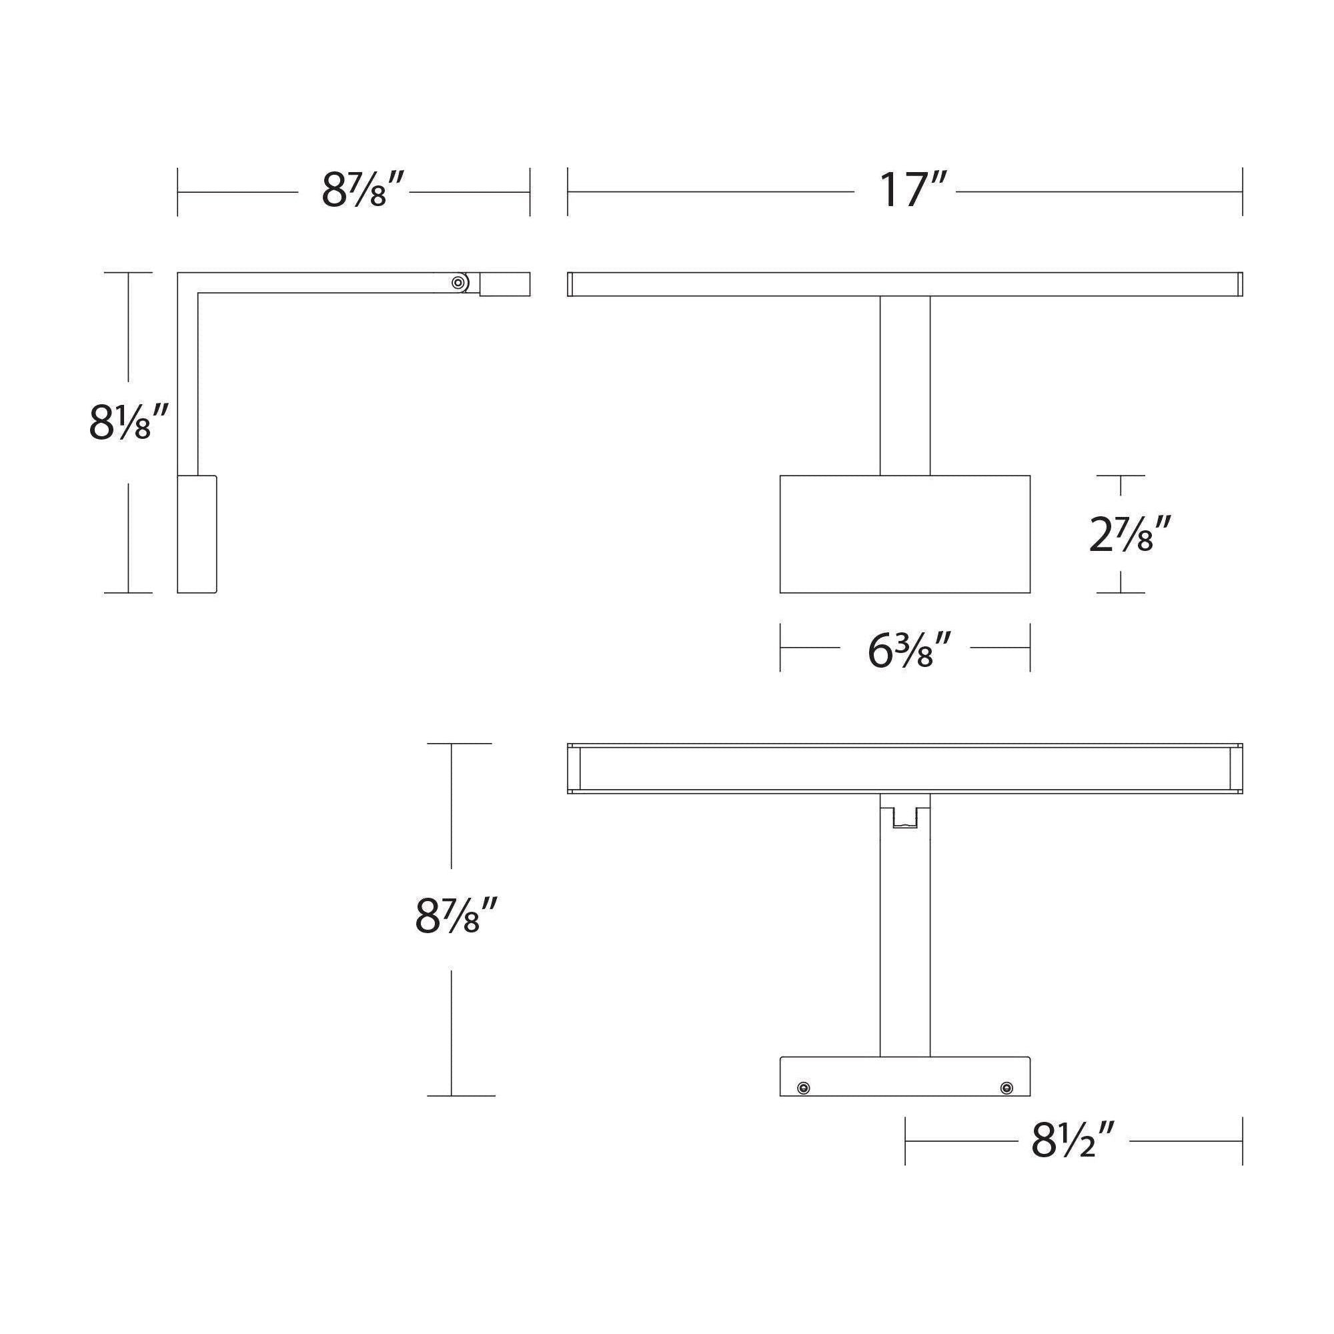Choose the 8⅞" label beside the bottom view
click(456, 916)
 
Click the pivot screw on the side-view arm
click(457, 282)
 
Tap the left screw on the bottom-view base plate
click(802, 1088)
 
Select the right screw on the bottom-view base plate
click(1007, 1088)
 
